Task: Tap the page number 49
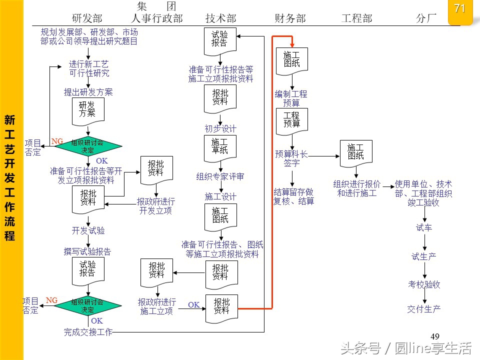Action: coord(434,336)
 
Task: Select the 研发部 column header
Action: coord(87,18)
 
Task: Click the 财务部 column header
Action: coord(290,18)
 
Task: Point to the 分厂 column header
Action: coord(426,18)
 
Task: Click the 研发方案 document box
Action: coord(87,109)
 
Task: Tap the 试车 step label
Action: coord(424,228)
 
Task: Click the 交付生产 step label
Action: coord(424,309)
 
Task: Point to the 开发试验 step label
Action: coord(88,231)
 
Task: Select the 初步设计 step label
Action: coord(220,128)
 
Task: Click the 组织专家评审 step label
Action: coord(220,176)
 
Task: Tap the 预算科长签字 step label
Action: coord(291,158)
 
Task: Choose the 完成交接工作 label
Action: coord(88,331)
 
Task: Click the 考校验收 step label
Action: coord(424,284)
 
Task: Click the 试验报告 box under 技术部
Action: coord(220,40)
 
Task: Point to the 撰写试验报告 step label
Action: coord(87,252)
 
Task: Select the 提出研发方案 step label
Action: coord(88,92)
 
